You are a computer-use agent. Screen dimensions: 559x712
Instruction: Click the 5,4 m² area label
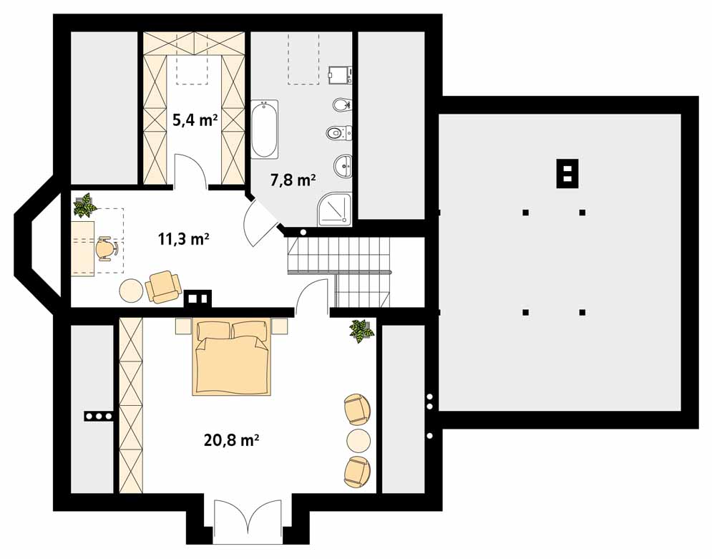(x=195, y=120)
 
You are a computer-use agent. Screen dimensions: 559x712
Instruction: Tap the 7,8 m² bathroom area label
(x=293, y=180)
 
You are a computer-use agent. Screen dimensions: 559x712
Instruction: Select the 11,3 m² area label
(x=183, y=239)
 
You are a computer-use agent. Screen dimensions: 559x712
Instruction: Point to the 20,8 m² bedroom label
(x=230, y=441)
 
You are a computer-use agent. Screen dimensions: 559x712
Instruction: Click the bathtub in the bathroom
(x=264, y=130)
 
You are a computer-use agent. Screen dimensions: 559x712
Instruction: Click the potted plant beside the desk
(x=85, y=205)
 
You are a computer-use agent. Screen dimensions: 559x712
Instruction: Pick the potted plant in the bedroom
(x=361, y=330)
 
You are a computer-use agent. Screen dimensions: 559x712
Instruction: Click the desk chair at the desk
(x=106, y=248)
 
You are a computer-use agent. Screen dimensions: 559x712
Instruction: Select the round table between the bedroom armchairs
(x=359, y=439)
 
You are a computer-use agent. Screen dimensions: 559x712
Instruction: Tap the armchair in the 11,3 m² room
(x=163, y=286)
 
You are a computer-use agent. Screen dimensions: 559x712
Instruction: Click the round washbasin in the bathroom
(x=344, y=166)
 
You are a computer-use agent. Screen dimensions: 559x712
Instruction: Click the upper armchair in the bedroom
(x=357, y=409)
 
